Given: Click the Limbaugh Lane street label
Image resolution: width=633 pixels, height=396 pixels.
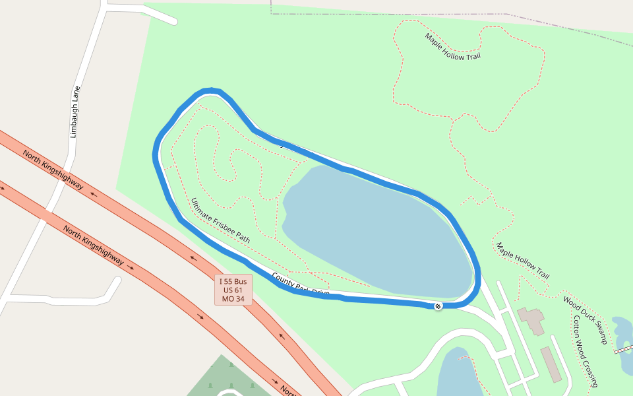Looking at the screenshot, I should click(75, 112).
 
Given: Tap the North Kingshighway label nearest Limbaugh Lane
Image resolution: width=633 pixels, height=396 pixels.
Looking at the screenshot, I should click(53, 170).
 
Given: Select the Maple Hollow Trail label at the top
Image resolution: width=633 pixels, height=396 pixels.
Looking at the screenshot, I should click(453, 47).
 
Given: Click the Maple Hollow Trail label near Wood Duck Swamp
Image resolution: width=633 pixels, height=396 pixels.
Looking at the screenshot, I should click(523, 261).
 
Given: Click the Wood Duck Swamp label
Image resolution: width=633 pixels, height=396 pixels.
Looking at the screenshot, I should click(585, 319).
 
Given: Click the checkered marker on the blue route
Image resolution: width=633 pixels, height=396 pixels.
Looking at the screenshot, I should click(438, 306).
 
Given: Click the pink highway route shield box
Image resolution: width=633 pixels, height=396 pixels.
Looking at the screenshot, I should click(233, 290).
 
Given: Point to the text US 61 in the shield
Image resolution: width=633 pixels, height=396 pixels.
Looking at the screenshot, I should click(233, 290).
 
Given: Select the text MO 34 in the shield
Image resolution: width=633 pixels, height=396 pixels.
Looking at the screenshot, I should click(233, 299).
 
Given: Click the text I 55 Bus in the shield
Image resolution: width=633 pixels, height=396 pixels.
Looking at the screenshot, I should click(233, 282).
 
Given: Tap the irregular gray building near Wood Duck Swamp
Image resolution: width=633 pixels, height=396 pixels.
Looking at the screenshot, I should click(531, 320).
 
